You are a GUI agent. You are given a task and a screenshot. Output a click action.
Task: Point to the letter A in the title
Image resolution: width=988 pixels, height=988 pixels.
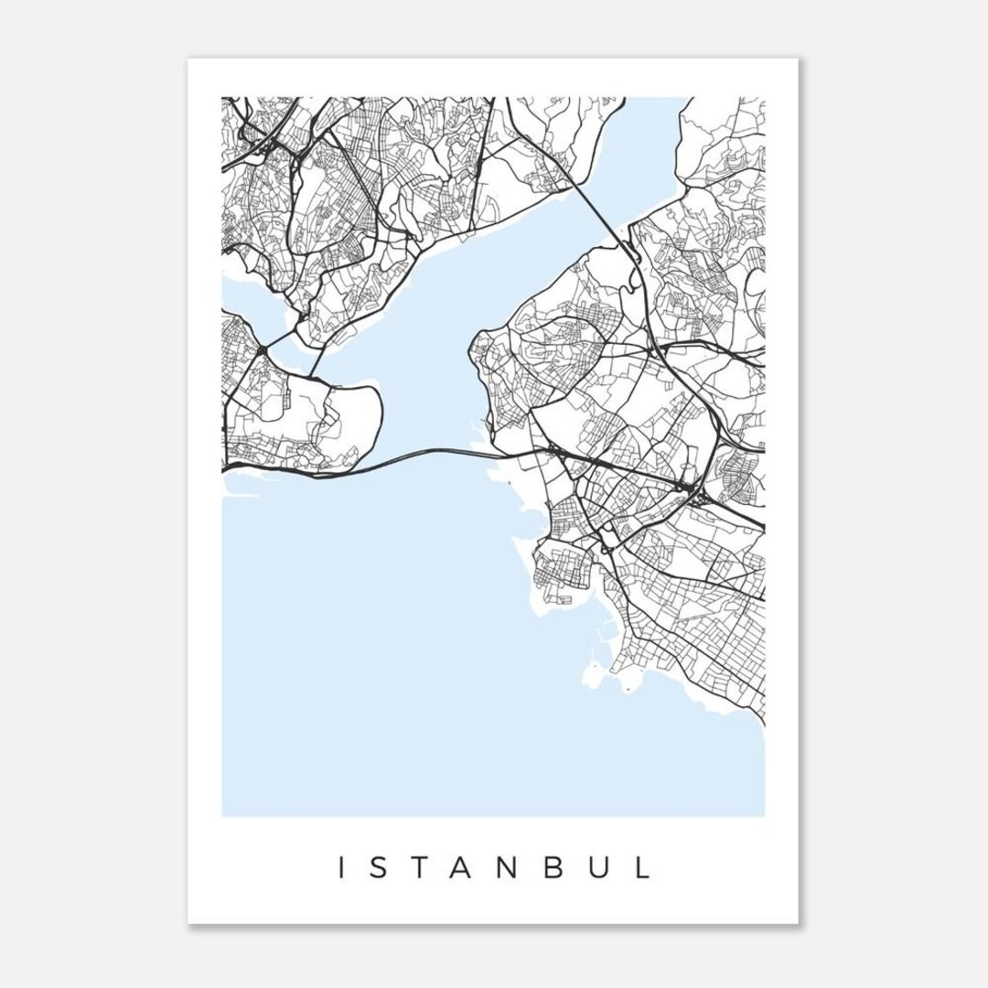pyautogui.click(x=459, y=867)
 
